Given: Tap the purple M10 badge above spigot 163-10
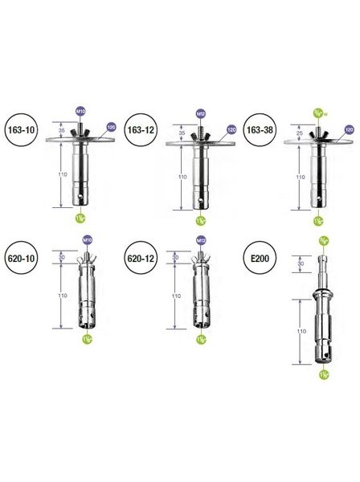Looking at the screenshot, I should pos(80,109).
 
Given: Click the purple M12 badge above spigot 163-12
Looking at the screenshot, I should pos(200,112).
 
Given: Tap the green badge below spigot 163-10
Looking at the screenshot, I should pos(80,217).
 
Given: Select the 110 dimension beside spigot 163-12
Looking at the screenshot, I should pos(182,177).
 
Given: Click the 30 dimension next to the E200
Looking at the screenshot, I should pos(301,263).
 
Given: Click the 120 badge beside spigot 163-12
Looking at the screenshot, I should pos(231,129).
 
